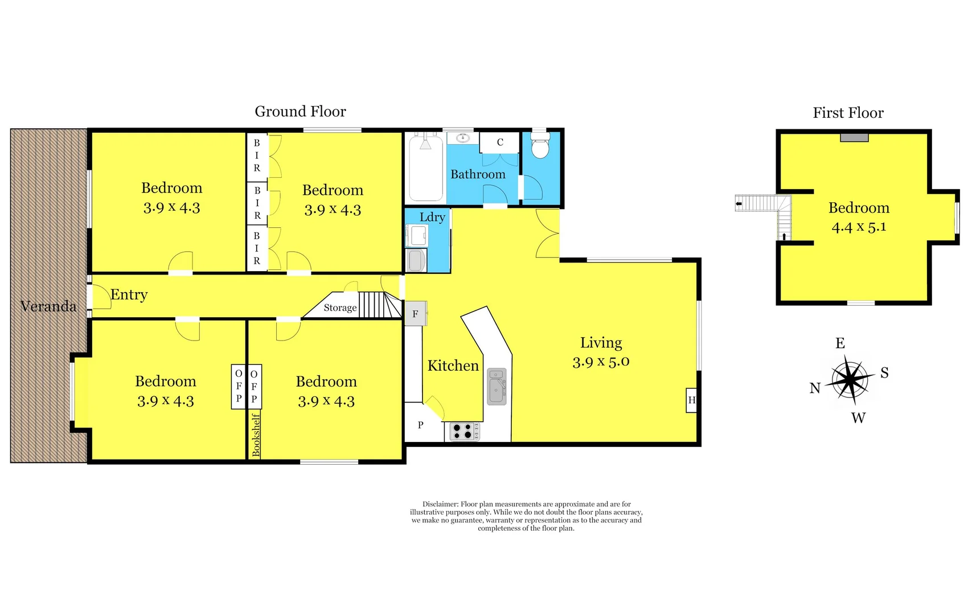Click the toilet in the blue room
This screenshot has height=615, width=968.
pyautogui.click(x=540, y=147)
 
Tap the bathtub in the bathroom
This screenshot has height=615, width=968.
pyautogui.click(x=426, y=169)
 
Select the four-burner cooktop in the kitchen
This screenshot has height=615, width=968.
pyautogui.click(x=464, y=431)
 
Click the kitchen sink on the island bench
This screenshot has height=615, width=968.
pyautogui.click(x=497, y=387)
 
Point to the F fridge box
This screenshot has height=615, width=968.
pyautogui.click(x=416, y=314)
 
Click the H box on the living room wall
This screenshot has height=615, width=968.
pyautogui.click(x=692, y=400)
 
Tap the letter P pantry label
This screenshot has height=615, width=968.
pyautogui.click(x=420, y=425)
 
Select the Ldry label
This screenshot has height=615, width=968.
pyautogui.click(x=432, y=217)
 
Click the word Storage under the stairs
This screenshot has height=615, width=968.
pyautogui.click(x=340, y=307)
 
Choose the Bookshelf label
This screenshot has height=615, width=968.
pyautogui.click(x=256, y=435)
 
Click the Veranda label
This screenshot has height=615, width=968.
pyautogui.click(x=48, y=306)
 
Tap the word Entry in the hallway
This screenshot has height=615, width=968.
pyautogui.click(x=129, y=294)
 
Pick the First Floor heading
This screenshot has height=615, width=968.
pyautogui.click(x=848, y=113)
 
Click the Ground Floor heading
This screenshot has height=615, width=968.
pyautogui.click(x=300, y=112)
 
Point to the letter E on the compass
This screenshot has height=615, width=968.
pyautogui.click(x=840, y=343)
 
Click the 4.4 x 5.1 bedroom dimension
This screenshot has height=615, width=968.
pyautogui.click(x=859, y=227)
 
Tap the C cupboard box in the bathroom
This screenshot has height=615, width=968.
pyautogui.click(x=499, y=142)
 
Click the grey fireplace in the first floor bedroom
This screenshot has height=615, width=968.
pyautogui.click(x=854, y=138)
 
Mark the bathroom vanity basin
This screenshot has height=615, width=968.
pyautogui.click(x=462, y=138)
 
